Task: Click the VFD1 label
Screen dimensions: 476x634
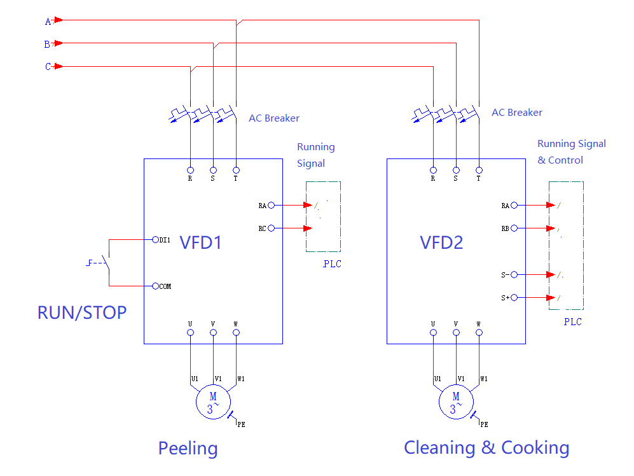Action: (201, 242)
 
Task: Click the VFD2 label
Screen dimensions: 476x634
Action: (441, 242)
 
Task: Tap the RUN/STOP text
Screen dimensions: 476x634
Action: (82, 312)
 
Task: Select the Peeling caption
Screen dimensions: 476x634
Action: (188, 448)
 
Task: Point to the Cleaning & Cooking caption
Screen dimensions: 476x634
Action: (486, 447)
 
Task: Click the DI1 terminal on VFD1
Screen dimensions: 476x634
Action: (155, 240)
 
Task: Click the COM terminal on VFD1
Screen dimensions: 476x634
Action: (155, 286)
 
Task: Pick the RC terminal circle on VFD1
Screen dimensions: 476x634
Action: (272, 228)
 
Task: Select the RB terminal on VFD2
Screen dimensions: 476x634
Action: (514, 228)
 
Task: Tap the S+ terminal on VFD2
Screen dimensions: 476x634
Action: (514, 298)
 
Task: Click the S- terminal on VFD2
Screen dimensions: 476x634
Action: (514, 275)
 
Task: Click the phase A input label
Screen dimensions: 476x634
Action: (48, 21)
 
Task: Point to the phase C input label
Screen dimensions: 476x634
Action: (48, 67)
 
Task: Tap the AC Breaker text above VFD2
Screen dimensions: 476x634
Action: (516, 113)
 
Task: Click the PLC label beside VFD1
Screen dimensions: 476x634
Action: (332, 264)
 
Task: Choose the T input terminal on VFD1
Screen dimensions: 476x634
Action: (236, 171)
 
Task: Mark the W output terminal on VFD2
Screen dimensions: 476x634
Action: (479, 332)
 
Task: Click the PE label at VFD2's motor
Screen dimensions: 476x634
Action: (484, 424)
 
